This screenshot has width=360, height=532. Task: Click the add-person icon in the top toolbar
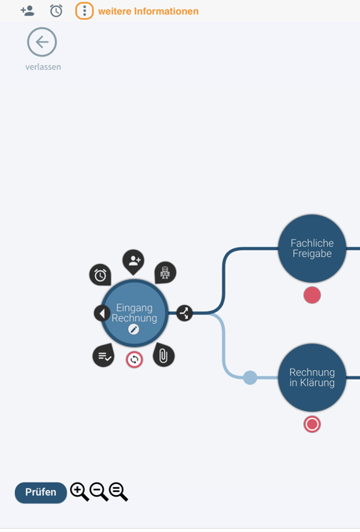pos(28,11)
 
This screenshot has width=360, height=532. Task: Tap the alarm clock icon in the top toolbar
pos(56,11)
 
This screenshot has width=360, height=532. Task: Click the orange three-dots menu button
pos(84,11)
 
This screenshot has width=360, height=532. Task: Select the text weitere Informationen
pos(149,11)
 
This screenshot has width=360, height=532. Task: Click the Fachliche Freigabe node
pos(312,248)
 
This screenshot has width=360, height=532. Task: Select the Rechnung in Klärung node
pos(312,377)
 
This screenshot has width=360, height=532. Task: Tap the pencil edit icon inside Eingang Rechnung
pos(134,329)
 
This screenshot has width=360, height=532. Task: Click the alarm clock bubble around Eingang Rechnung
pos(100,274)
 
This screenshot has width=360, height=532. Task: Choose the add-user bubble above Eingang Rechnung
pos(134,262)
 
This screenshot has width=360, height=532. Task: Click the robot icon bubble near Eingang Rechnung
pos(165,273)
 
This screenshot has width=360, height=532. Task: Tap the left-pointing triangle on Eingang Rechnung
pos(102,314)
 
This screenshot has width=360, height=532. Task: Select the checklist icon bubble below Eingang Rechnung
pos(104,355)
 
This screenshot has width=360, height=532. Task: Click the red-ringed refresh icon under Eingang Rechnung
pos(134,360)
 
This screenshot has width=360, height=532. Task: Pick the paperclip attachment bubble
pos(163,355)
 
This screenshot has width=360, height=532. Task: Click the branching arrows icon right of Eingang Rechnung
pos(185,313)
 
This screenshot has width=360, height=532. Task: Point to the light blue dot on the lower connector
pos(250,378)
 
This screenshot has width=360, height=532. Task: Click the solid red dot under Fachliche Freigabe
pos(312,295)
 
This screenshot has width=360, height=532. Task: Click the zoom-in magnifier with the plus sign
pos(79,492)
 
